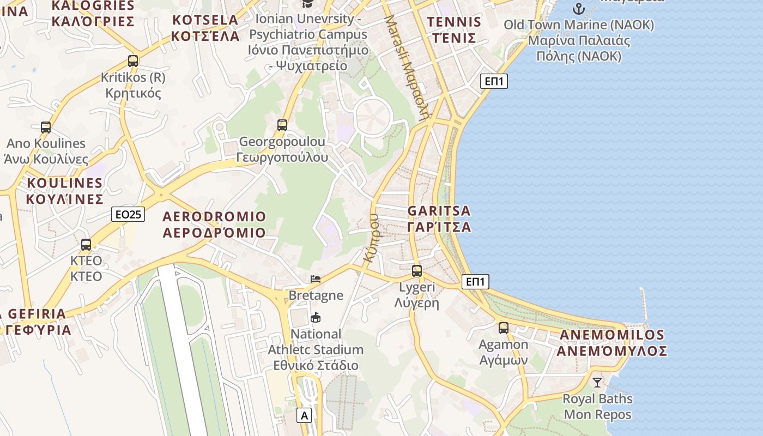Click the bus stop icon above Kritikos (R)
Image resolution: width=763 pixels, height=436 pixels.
pyautogui.click(x=133, y=60)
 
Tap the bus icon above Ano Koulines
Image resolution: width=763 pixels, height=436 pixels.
pyautogui.click(x=46, y=128)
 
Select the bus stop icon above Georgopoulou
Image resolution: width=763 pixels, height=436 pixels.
pyautogui.click(x=282, y=125)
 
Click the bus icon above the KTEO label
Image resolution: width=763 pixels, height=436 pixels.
pyautogui.click(x=86, y=244)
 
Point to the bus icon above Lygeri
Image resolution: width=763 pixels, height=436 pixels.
pyautogui.click(x=417, y=270)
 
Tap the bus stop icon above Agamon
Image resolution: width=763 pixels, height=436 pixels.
pyautogui.click(x=504, y=328)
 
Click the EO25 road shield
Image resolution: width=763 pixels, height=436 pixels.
pyautogui.click(x=128, y=214)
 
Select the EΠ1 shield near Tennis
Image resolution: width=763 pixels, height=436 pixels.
pyautogui.click(x=494, y=82)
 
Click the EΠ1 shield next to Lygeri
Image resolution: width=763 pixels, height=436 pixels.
pyautogui.click(x=475, y=282)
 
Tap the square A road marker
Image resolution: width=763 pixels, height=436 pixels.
pyautogui.click(x=304, y=416)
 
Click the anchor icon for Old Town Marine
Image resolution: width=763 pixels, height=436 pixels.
pyautogui.click(x=578, y=8)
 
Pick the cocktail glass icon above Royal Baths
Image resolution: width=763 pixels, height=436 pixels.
pyautogui.click(x=597, y=382)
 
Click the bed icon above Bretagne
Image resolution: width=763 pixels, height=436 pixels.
pyautogui.click(x=316, y=279)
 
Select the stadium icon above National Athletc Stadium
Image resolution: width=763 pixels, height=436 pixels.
pyautogui.click(x=315, y=317)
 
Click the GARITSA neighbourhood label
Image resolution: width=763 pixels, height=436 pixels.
pyautogui.click(x=439, y=219)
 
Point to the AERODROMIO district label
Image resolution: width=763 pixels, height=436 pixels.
pyautogui.click(x=214, y=225)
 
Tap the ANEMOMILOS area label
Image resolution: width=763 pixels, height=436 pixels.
pyautogui.click(x=611, y=343)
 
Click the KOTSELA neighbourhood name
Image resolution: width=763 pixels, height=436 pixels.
pyautogui.click(x=205, y=28)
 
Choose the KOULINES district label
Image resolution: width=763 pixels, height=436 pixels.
pyautogui.click(x=64, y=190)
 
